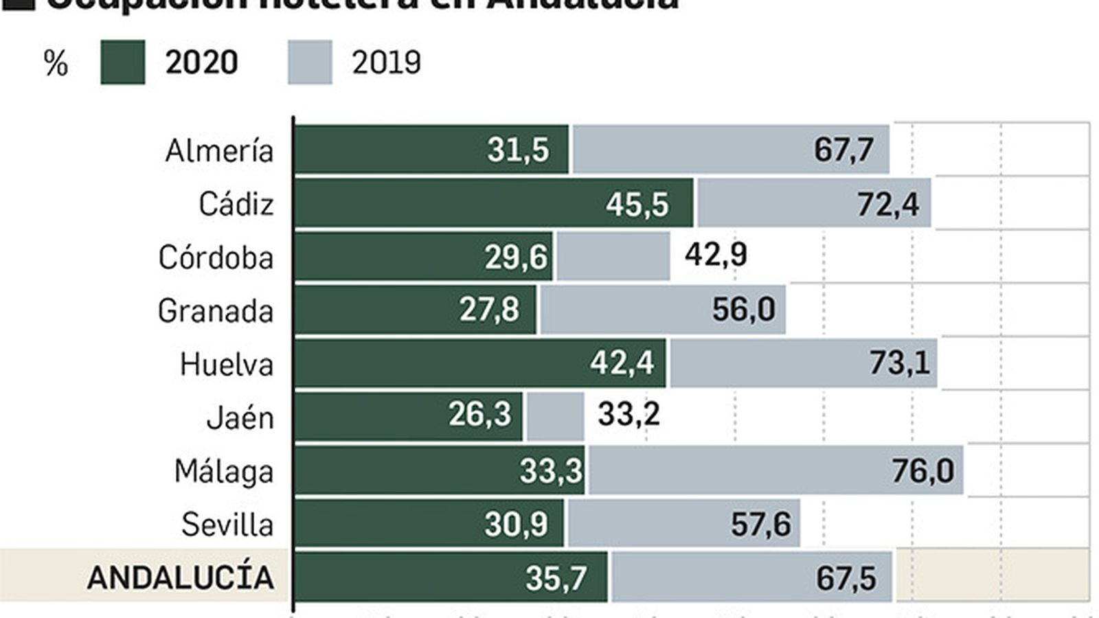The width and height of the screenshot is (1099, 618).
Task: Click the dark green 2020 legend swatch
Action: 122,62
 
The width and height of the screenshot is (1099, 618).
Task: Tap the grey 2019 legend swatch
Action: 309,62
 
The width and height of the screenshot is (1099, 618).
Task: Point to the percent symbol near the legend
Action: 56,64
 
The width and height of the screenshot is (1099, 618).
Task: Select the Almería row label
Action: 219,150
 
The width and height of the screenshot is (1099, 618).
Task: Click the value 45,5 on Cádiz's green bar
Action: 637,204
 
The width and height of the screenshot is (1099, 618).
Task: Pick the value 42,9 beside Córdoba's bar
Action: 716,255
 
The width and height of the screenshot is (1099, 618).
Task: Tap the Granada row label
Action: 216,311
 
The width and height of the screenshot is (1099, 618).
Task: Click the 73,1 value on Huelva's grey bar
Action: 899,363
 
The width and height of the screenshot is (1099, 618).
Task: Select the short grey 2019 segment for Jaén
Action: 554,416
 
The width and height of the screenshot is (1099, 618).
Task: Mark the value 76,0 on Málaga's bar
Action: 922,470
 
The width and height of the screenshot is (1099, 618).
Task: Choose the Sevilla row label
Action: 227,525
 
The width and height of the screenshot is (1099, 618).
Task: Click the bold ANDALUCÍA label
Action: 180,577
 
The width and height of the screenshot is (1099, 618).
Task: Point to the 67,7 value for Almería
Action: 843,150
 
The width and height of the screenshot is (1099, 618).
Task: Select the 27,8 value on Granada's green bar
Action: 489,310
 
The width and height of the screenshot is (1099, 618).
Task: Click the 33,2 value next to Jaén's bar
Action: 628,414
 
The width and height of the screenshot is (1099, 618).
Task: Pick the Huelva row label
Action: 227,364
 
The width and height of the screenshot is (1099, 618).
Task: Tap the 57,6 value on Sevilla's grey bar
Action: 760,525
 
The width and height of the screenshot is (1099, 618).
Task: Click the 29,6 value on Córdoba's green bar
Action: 515,257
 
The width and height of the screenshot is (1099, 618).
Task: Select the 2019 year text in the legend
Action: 386,62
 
